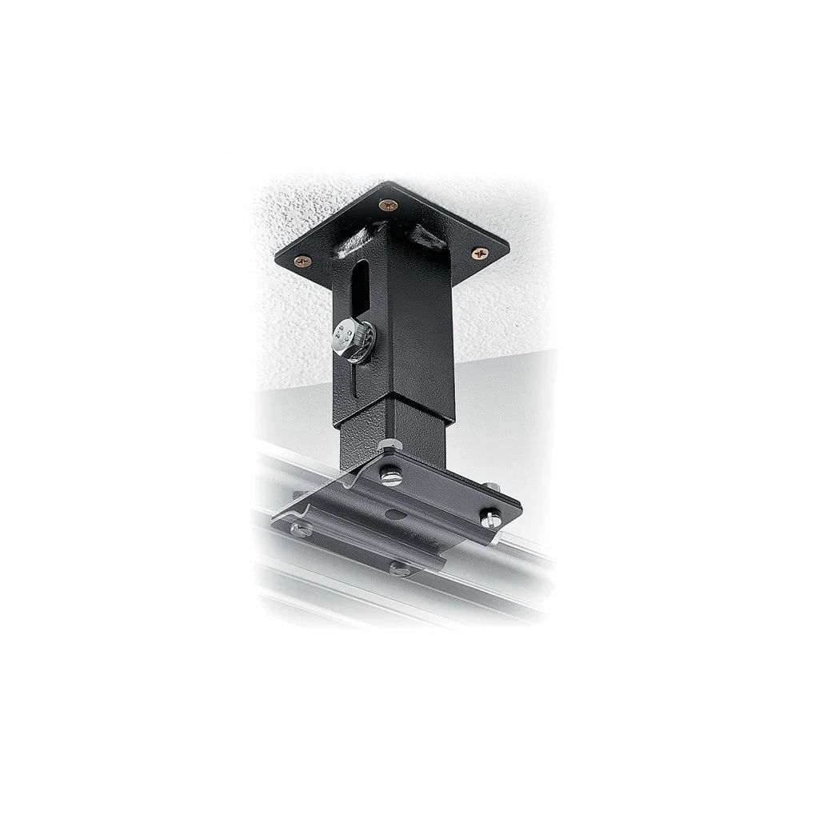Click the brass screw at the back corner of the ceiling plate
point(390,205)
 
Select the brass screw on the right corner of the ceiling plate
point(480,253)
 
